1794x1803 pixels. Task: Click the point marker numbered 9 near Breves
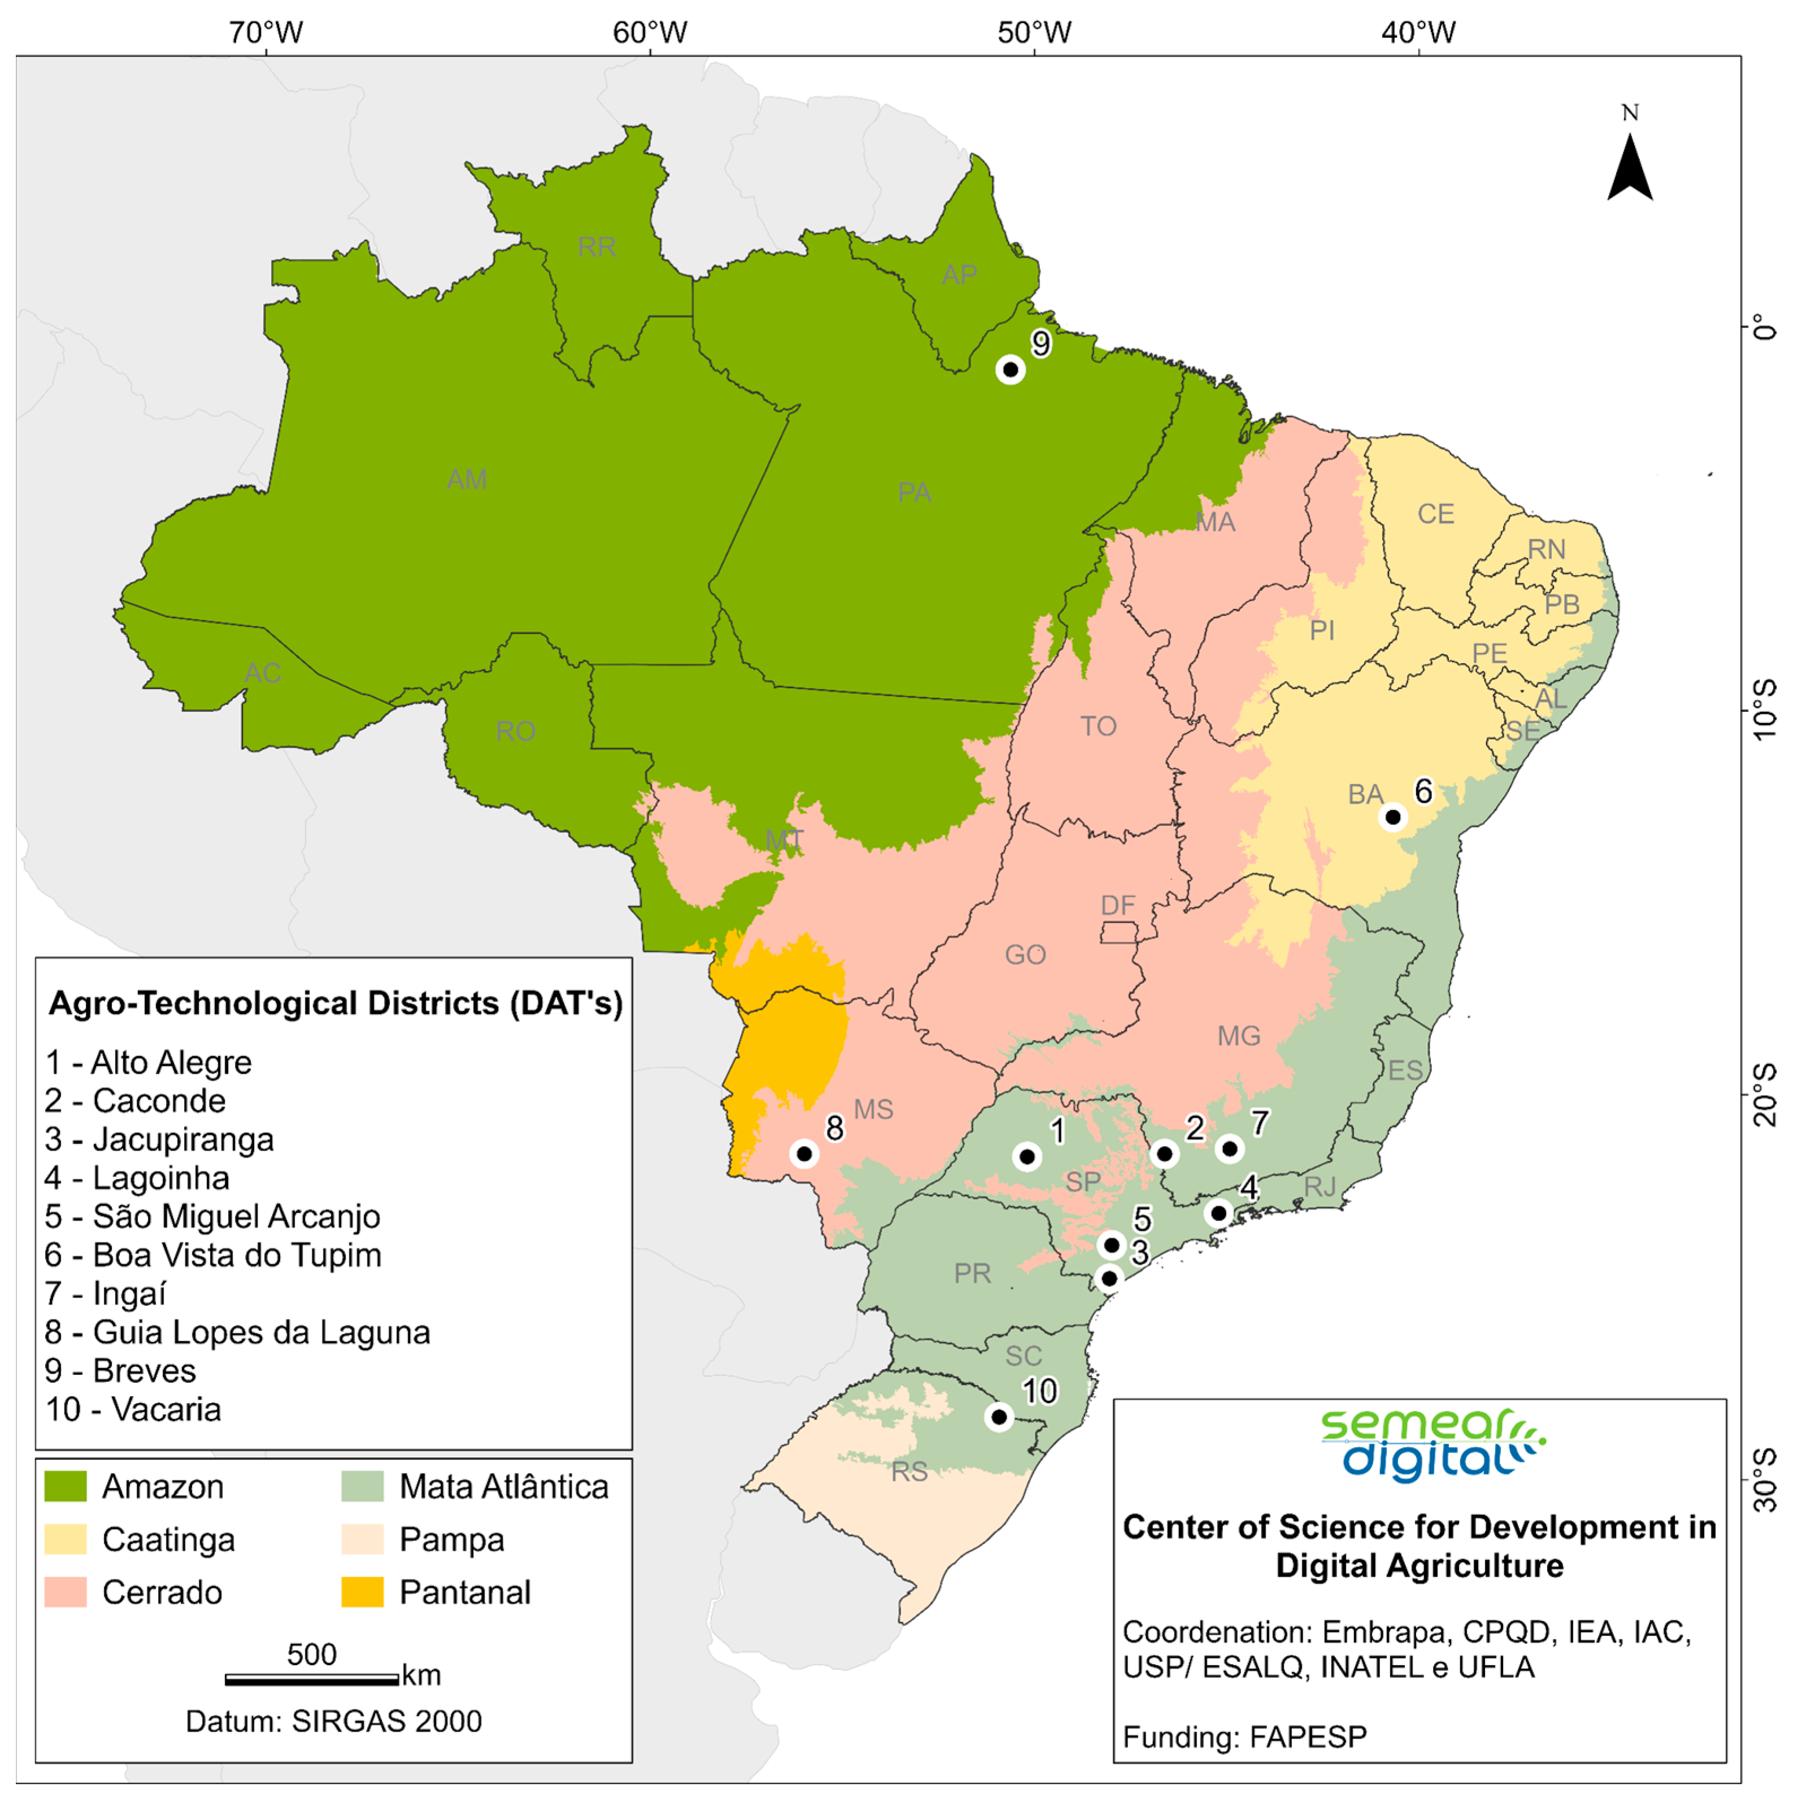tap(1010, 369)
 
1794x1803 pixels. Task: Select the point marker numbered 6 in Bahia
tap(1392, 817)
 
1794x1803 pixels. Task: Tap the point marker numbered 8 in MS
tap(804, 1153)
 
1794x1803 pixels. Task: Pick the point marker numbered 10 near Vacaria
tap(999, 1417)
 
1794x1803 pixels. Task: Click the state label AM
tap(467, 480)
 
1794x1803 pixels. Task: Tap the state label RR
tap(596, 247)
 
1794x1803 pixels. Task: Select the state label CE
tap(1435, 514)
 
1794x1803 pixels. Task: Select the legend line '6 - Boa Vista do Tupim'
tap(214, 1255)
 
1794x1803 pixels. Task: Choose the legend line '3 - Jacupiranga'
tap(160, 1139)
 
